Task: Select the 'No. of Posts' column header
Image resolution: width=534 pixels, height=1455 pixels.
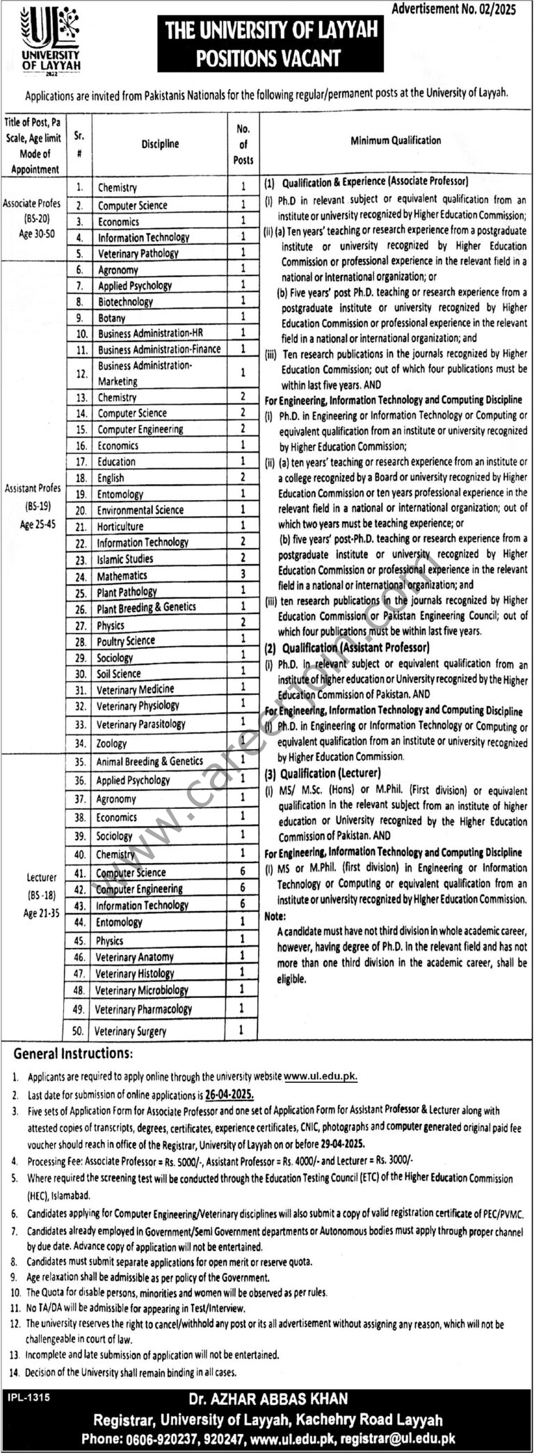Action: [243, 145]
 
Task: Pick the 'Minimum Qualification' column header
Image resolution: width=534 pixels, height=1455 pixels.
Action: [395, 140]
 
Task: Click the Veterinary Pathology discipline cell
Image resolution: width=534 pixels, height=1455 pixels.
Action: [138, 253]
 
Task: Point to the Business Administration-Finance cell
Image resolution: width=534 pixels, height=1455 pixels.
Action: [159, 349]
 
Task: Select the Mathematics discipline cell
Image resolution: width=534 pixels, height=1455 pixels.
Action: [122, 575]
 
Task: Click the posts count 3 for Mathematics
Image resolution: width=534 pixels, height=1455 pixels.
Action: [243, 574]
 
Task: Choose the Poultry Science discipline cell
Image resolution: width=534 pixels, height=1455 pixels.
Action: [126, 641]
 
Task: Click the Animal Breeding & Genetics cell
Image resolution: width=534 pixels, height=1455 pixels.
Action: [149, 762]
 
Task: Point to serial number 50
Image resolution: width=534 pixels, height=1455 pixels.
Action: [78, 1031]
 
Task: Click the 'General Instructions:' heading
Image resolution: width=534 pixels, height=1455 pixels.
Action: [72, 1053]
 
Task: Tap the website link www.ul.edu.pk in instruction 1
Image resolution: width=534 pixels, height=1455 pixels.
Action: [320, 1076]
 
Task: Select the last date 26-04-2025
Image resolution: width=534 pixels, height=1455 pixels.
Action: [229, 1093]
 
